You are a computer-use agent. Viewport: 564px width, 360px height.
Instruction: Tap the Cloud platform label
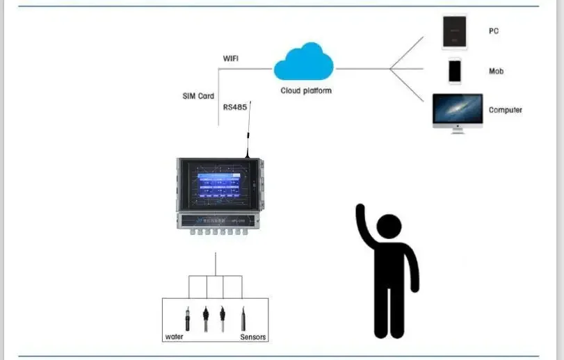[x=306, y=91]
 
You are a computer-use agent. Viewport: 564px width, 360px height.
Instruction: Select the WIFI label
[x=232, y=58]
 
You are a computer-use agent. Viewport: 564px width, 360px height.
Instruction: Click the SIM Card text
[x=198, y=96]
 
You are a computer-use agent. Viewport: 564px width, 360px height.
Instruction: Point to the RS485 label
[x=235, y=108]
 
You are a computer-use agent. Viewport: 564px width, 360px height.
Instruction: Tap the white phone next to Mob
[x=455, y=72]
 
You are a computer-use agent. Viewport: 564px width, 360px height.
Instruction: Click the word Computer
[x=505, y=110]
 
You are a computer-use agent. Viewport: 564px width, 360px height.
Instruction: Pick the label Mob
[x=496, y=72]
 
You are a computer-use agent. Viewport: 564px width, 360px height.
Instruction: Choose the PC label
[x=493, y=31]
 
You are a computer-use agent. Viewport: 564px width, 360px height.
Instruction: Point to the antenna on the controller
[x=248, y=129]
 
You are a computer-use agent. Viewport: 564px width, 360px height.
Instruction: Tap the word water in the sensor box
[x=174, y=337]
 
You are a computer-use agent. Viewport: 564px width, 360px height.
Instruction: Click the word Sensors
[x=253, y=337]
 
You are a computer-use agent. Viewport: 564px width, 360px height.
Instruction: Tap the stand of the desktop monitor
[x=457, y=129]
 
